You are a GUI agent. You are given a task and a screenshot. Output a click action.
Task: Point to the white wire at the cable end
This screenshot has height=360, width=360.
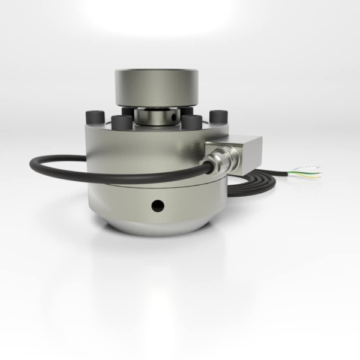pos(312,166)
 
